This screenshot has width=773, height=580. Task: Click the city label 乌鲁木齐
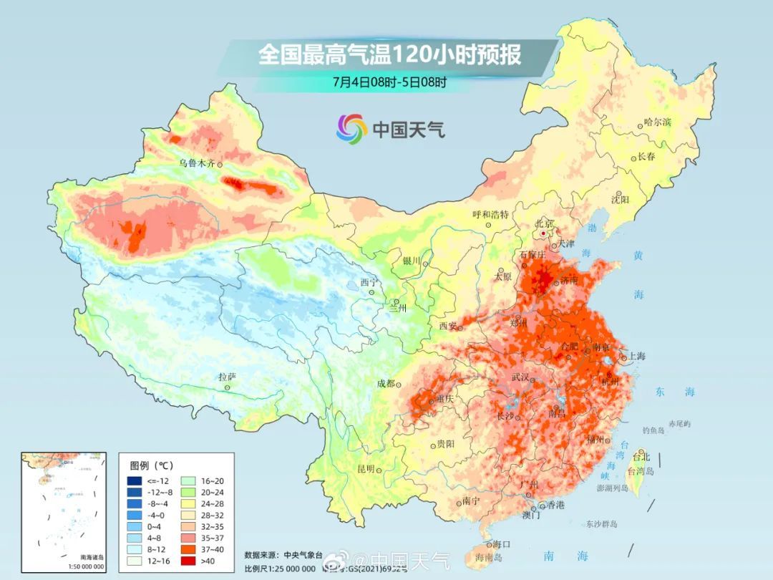coord(195,163)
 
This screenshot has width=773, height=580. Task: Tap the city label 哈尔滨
coord(657,122)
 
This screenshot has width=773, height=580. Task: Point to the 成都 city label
coord(386,383)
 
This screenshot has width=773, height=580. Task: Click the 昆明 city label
coord(365,469)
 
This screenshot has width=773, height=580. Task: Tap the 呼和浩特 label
coord(490,214)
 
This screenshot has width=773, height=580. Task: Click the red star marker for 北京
coord(544,233)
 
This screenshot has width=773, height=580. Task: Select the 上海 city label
coord(636,356)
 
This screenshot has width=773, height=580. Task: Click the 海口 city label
coord(502,545)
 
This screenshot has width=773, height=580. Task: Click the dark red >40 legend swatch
coord(135,561)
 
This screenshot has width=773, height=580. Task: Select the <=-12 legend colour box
coord(135,480)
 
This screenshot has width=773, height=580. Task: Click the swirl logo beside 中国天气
coord(351,128)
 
